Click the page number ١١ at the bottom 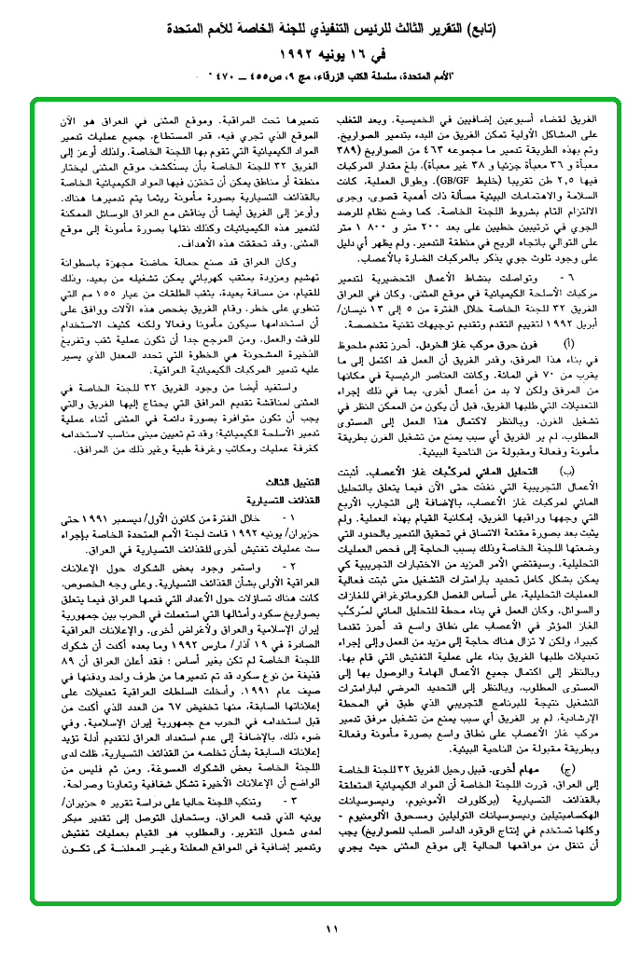[x=331, y=928]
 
